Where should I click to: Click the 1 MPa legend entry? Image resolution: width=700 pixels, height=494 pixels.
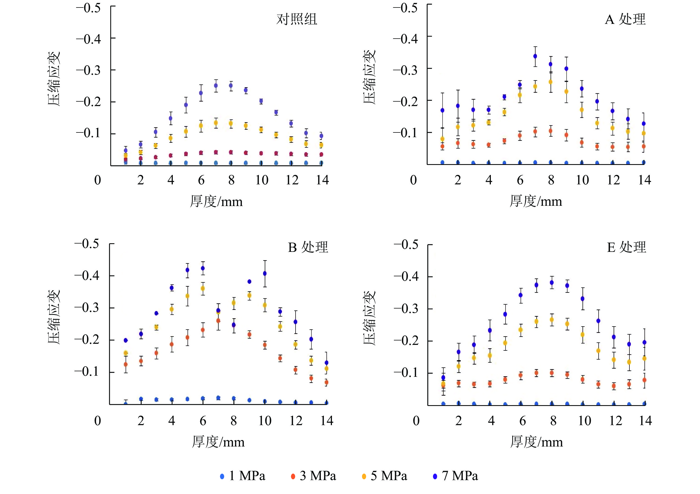[243, 476]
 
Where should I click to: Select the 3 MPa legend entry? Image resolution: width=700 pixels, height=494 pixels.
[314, 476]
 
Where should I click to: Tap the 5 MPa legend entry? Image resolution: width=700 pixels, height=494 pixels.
[384, 476]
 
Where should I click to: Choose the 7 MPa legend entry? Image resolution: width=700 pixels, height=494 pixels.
[456, 476]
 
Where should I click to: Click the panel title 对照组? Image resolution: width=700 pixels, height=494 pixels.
[297, 19]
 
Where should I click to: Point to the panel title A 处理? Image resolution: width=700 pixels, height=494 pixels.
[625, 19]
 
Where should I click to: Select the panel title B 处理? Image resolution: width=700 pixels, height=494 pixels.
[308, 247]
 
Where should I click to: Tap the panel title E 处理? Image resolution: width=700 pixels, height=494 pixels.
[626, 247]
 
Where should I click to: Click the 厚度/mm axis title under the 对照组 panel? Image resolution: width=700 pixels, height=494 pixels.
[216, 201]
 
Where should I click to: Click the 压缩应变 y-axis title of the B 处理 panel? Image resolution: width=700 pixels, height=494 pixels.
[54, 317]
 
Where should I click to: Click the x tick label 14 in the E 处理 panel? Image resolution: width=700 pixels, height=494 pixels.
[645, 421]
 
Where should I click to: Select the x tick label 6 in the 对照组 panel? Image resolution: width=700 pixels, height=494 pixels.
[201, 180]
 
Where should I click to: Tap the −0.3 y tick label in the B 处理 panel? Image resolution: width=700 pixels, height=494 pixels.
[87, 307]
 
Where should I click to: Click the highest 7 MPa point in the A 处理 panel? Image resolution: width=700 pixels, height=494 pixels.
[535, 56]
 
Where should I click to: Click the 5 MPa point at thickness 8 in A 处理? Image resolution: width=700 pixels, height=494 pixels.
[551, 82]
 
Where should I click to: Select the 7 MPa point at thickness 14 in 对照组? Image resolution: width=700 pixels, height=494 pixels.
[321, 136]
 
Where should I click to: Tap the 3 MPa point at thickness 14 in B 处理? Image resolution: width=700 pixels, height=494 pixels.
[326, 382]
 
